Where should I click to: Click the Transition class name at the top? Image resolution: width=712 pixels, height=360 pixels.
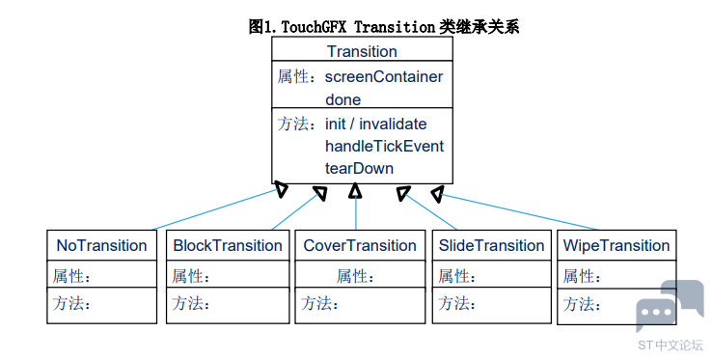point(362,51)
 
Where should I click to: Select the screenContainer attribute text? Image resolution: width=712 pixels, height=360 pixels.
point(384,77)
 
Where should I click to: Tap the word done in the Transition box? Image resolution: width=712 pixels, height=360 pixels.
point(342,99)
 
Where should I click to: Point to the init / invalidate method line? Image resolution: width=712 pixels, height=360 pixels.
point(376,124)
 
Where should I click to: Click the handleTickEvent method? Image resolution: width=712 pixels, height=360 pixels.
point(384,146)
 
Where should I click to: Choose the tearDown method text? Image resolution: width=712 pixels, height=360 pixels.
point(359,168)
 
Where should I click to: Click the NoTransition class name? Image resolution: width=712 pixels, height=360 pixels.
point(101,245)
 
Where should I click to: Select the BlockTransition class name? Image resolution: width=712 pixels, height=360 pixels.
point(228,245)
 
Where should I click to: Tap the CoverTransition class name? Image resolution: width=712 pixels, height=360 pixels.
point(360,245)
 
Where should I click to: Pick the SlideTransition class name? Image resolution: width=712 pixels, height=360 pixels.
point(491,245)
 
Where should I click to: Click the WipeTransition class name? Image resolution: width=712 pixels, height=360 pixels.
point(616,245)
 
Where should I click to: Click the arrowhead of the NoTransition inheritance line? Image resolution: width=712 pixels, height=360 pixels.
point(282,189)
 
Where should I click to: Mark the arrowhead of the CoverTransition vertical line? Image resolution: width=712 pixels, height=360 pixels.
point(355,190)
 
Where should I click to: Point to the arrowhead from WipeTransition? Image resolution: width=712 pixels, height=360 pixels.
point(437,194)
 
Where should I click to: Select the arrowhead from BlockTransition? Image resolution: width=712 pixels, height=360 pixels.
point(320,193)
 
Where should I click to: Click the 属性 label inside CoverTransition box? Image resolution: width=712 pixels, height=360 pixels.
point(355,276)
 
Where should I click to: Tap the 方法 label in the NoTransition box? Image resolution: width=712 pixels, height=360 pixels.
point(71,303)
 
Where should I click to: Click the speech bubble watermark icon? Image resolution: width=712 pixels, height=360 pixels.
point(670,305)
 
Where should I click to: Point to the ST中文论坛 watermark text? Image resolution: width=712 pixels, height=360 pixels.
point(671,345)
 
